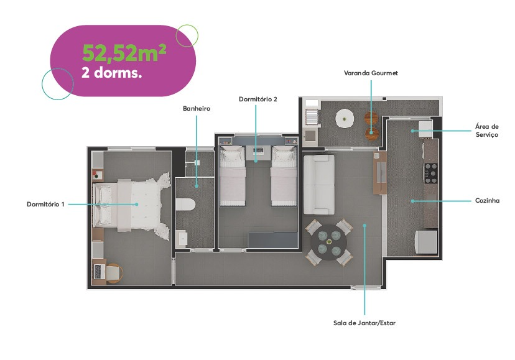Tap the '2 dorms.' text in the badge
[112, 72]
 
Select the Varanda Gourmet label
[371, 73]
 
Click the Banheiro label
[197, 108]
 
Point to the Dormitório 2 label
[257, 99]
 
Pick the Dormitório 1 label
[46, 204]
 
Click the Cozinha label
[487, 201]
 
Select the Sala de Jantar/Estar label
[364, 323]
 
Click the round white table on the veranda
[345, 118]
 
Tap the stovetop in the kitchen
[430, 172]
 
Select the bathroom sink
[182, 239]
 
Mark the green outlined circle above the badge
[187, 35]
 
